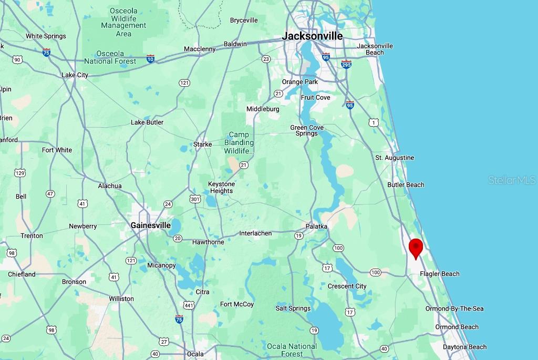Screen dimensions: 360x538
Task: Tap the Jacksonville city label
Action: click(x=312, y=36)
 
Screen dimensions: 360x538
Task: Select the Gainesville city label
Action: click(x=151, y=225)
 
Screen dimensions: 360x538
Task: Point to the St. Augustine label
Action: click(x=395, y=158)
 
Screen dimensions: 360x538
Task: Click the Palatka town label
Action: click(x=317, y=227)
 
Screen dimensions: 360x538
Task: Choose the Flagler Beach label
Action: click(x=439, y=274)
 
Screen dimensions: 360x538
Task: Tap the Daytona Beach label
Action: click(x=464, y=347)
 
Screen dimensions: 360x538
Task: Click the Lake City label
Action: click(x=75, y=75)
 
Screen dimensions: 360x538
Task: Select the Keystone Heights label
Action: click(x=221, y=188)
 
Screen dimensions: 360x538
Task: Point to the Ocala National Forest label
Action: click(x=292, y=349)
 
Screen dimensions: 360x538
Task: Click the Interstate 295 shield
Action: click(x=346, y=64)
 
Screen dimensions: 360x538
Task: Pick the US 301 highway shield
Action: click(x=195, y=199)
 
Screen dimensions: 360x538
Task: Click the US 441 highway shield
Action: click(x=189, y=305)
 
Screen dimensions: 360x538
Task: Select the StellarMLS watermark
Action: click(x=511, y=180)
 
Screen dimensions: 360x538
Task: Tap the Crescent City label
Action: click(x=347, y=286)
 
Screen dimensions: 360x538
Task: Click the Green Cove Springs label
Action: click(x=307, y=130)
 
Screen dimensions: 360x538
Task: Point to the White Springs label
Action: click(x=46, y=36)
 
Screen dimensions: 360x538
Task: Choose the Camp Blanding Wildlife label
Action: click(x=239, y=143)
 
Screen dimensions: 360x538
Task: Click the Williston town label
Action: click(x=121, y=299)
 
